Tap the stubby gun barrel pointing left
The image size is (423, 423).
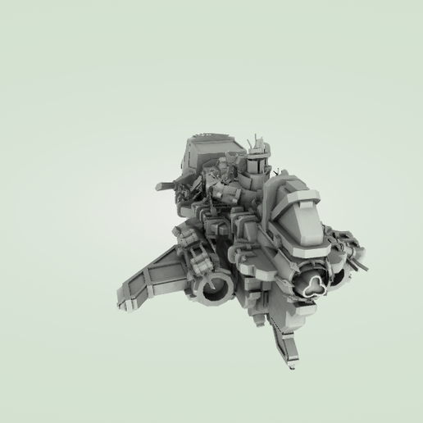pos(166,185)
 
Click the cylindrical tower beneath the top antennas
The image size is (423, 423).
pos(255,167)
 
